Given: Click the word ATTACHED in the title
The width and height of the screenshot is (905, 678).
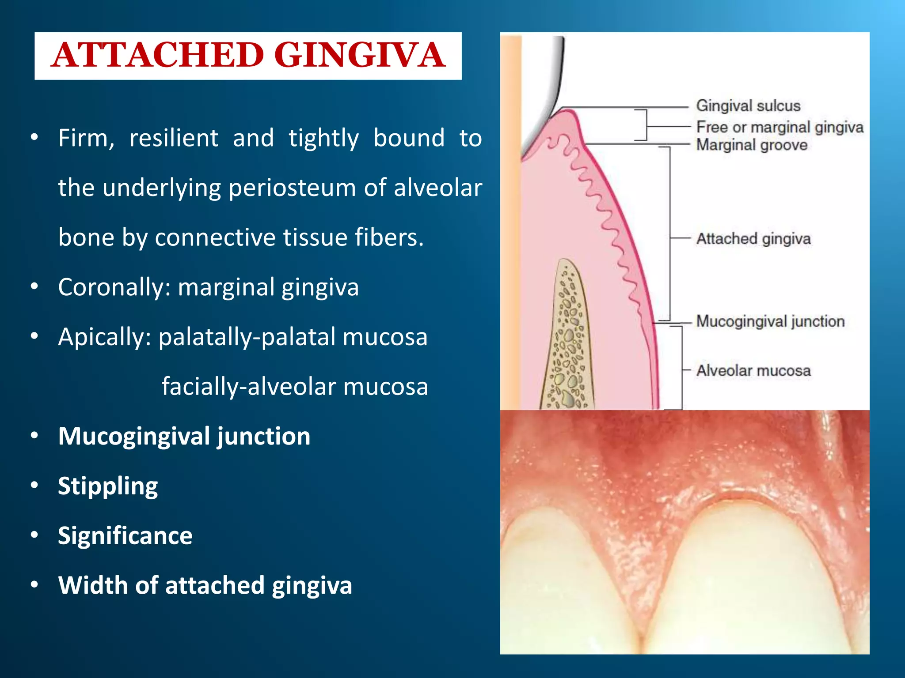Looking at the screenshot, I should coord(158,56).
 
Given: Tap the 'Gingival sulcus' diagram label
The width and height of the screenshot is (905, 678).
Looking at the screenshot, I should coord(748,106).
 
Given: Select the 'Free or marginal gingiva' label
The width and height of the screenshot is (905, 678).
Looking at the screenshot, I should coord(780,127).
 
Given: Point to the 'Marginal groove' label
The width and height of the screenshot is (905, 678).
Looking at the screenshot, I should coord(752,145).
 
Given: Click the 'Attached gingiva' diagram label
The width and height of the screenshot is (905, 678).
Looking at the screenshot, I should coord(753,239).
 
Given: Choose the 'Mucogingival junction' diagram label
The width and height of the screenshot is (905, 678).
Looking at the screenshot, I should coord(770,321).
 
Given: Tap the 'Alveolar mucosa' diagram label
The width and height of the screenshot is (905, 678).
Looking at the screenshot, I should coord(753,370).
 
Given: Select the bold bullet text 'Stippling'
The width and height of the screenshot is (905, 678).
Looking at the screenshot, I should coord(108,486).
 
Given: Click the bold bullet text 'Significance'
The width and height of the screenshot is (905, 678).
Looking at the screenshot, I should coord(125,535).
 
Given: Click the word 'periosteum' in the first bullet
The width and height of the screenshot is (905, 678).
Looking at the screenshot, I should coord(292,188).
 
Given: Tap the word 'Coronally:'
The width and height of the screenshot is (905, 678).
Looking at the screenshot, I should coord(114,287).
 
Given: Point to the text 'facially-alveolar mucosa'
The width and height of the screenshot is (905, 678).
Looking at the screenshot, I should coord(295,386).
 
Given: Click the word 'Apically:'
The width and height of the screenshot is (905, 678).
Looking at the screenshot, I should coord(105,337).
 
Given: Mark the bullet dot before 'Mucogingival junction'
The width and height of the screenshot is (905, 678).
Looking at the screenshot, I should coord(34,436).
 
